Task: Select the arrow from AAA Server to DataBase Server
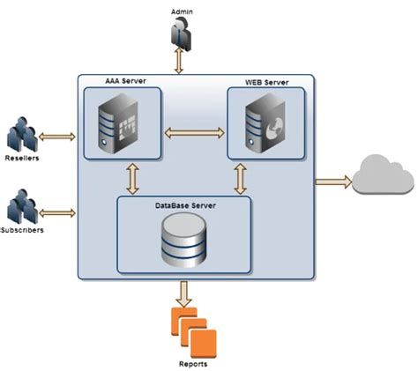pos(133,177)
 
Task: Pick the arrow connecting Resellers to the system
pos(58,137)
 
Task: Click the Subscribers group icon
pos(22,209)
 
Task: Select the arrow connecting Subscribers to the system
pos(58,212)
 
